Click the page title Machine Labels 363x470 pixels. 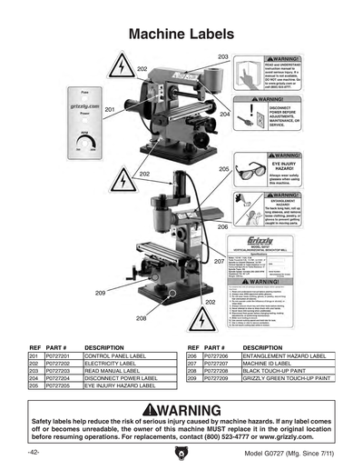182,34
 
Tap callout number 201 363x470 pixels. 109,109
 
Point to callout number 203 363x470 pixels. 223,56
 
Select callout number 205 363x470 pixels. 224,169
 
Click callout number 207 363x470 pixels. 219,262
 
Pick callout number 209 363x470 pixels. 100,293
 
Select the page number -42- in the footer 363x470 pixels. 33,452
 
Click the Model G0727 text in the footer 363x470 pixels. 265,452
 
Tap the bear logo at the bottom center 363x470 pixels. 181,452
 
